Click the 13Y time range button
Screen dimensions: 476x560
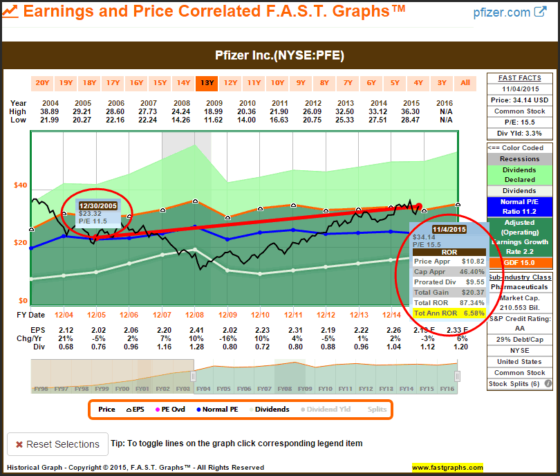207,83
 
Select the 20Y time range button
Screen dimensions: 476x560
43,83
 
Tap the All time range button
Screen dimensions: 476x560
465,83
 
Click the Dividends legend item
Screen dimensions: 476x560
268,409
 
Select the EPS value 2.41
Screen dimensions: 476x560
195,329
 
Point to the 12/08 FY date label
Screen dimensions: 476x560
195,315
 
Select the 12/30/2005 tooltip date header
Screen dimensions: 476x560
97,205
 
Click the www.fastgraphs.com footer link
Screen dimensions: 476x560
447,468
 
